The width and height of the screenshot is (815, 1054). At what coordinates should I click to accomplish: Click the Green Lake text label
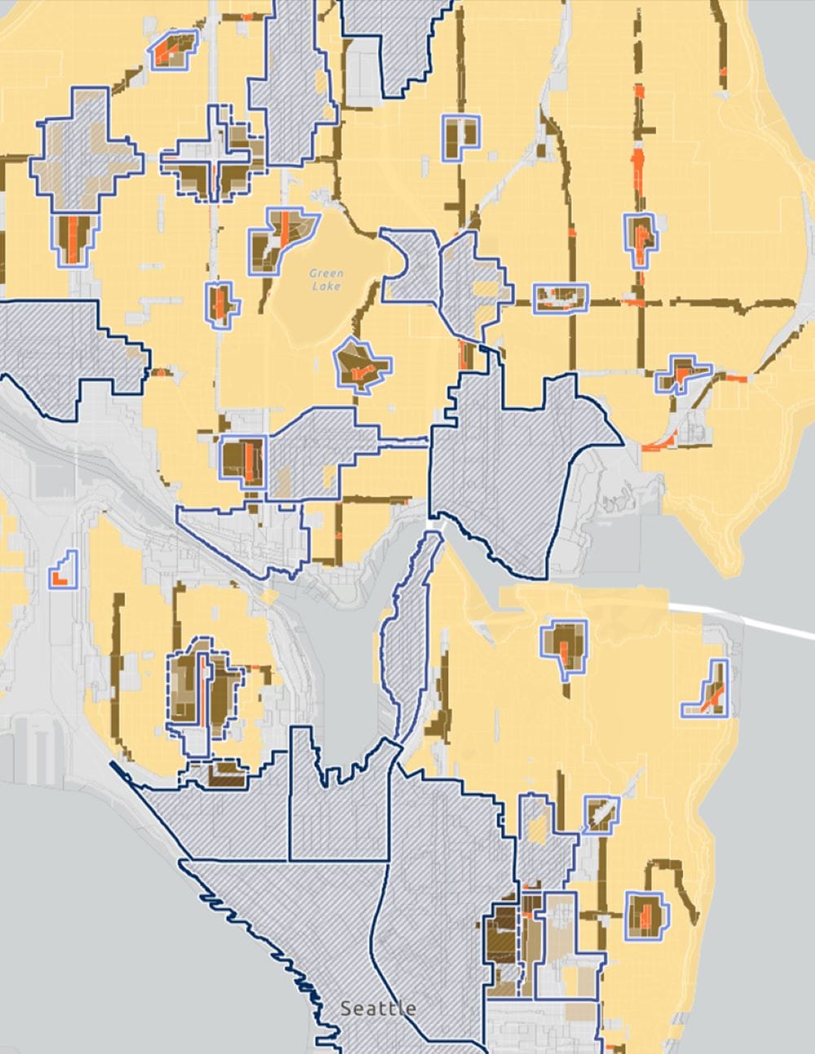(326, 279)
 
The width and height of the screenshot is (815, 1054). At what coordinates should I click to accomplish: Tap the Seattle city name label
(377, 1008)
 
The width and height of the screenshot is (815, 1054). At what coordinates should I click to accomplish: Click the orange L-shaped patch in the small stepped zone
(59, 578)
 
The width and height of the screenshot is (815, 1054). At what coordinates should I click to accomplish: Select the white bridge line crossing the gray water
(742, 619)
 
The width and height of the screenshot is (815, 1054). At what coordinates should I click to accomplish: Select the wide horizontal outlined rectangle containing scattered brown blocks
(561, 298)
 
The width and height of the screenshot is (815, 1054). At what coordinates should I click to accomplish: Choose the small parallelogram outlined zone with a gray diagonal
(601, 813)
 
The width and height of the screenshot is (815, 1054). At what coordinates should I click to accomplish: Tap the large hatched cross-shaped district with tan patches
(81, 155)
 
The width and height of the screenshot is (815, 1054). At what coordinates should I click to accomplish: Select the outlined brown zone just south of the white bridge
(565, 644)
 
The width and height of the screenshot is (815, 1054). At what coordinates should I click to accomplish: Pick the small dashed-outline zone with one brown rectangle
(215, 773)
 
